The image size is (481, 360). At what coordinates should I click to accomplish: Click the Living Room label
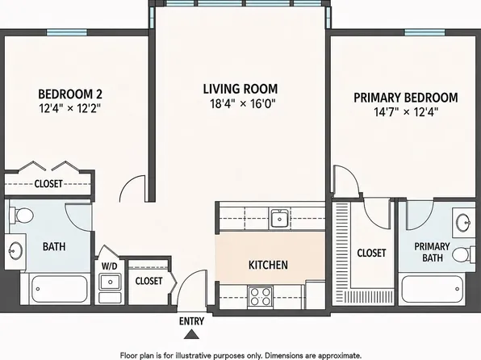click(x=240, y=89)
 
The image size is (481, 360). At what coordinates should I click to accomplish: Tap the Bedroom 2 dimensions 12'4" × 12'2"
click(x=70, y=108)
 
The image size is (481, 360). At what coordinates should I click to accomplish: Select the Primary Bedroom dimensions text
click(x=406, y=111)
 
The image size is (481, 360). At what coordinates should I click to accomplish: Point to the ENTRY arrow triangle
click(x=191, y=334)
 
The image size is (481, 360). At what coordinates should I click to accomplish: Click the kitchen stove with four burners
click(x=261, y=296)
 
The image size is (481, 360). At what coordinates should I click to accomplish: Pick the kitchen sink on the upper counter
click(x=279, y=219)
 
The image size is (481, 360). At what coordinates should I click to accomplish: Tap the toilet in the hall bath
click(x=21, y=215)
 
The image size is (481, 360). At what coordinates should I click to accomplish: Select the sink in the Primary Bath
click(x=464, y=221)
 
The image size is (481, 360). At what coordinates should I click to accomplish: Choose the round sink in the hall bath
click(x=15, y=250)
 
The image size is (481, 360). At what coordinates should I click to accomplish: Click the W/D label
click(x=109, y=266)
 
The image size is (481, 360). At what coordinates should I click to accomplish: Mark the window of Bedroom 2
click(x=67, y=32)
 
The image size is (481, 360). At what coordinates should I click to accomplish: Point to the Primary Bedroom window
click(x=425, y=32)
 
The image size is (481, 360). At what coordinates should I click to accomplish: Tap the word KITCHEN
click(x=268, y=265)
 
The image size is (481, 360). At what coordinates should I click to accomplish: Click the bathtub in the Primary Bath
click(x=433, y=288)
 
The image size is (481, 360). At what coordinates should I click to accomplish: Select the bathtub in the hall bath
click(x=59, y=288)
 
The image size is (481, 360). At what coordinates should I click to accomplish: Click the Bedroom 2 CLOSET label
click(x=48, y=184)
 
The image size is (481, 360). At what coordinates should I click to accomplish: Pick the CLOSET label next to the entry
click(x=148, y=281)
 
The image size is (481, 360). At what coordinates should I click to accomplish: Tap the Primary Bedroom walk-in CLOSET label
click(x=371, y=253)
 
